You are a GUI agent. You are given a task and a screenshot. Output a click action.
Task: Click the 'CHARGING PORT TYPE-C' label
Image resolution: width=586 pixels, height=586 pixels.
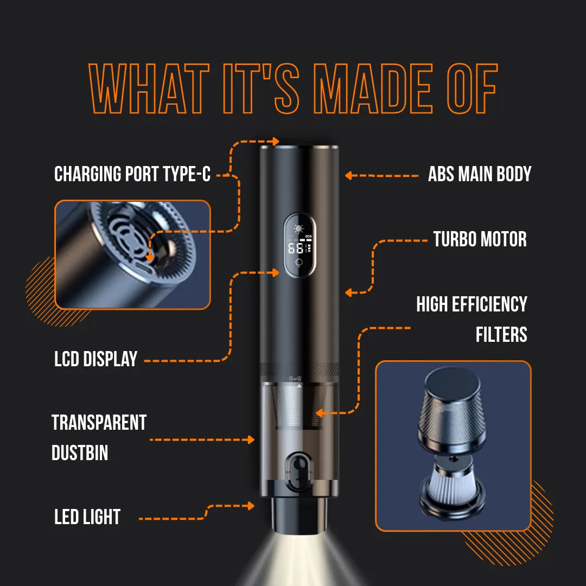[132, 174]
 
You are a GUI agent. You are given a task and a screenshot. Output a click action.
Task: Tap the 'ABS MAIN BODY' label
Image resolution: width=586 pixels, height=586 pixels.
[479, 174]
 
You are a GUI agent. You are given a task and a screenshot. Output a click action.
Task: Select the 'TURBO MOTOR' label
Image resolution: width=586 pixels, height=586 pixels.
[480, 239]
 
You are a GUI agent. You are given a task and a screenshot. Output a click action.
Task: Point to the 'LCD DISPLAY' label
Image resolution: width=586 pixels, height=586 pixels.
[96, 359]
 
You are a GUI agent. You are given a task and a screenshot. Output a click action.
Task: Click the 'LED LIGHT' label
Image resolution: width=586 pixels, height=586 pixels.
[87, 517]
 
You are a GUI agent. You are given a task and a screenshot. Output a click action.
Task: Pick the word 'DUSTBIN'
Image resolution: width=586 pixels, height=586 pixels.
[80, 453]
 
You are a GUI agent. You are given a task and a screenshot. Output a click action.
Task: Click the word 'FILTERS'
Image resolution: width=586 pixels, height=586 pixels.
[501, 334]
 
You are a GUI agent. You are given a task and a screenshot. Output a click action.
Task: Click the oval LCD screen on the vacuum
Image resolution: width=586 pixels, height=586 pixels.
[299, 245]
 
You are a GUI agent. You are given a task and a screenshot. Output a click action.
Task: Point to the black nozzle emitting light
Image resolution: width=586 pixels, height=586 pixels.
[299, 515]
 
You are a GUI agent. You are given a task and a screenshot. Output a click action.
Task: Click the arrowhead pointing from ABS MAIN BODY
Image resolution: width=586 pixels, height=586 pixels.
[349, 175]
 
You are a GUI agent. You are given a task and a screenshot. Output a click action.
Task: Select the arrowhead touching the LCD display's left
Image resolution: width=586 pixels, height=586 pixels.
[276, 272]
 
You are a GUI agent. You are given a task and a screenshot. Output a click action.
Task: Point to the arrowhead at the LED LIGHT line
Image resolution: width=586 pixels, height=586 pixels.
[250, 506]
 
